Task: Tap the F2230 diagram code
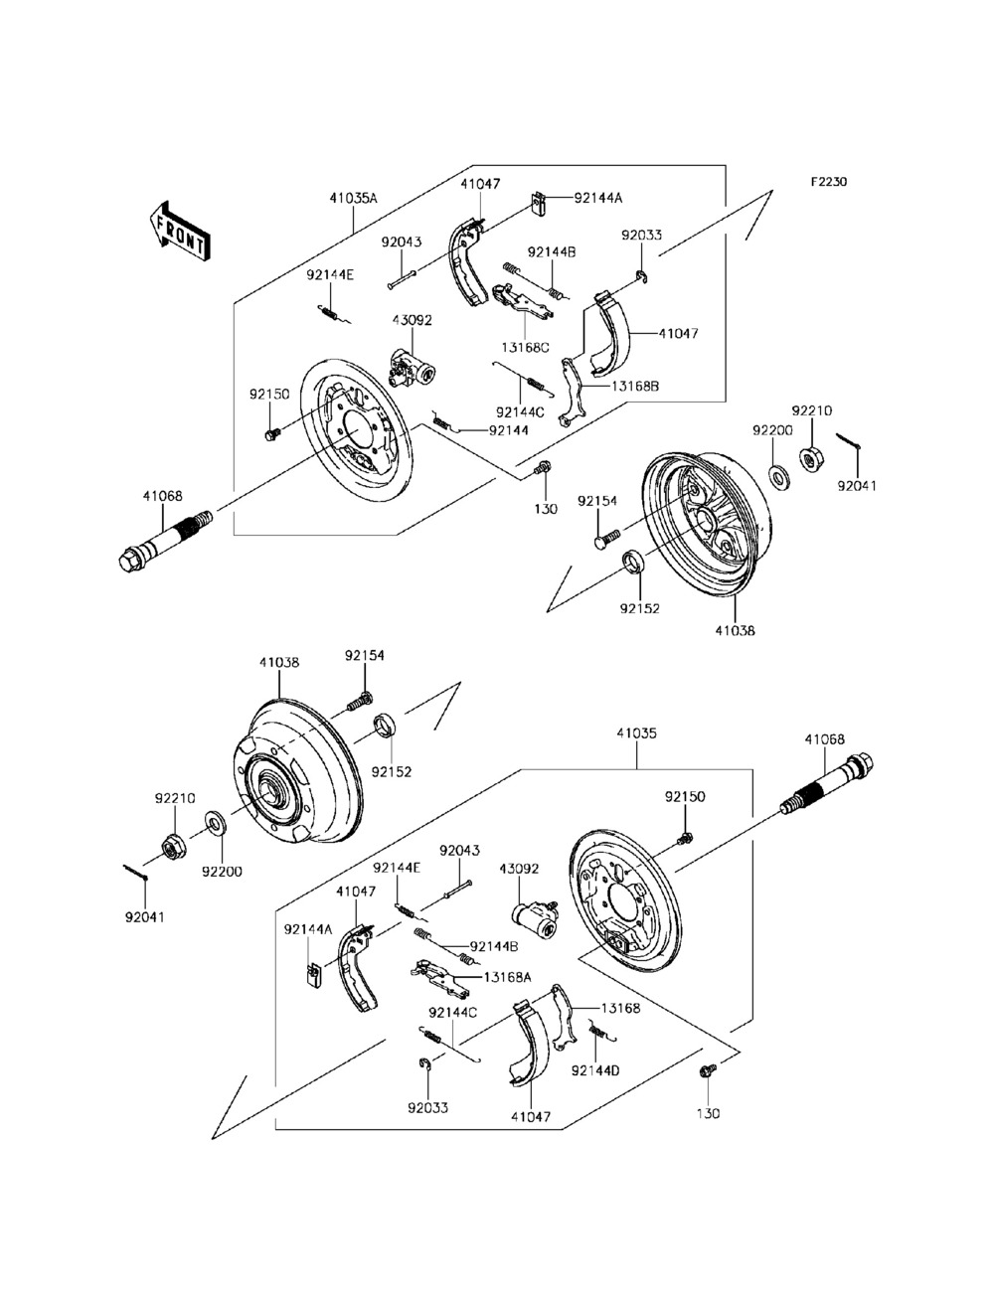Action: (x=829, y=183)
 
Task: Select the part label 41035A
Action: (x=354, y=198)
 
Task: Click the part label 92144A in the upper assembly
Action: (x=598, y=198)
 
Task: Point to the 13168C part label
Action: (x=525, y=348)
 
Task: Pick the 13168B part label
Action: (x=635, y=386)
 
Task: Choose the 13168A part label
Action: (x=508, y=977)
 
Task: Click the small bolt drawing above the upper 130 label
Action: (x=544, y=468)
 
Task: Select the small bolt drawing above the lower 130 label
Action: (x=708, y=1071)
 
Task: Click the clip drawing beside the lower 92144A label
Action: (x=312, y=976)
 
